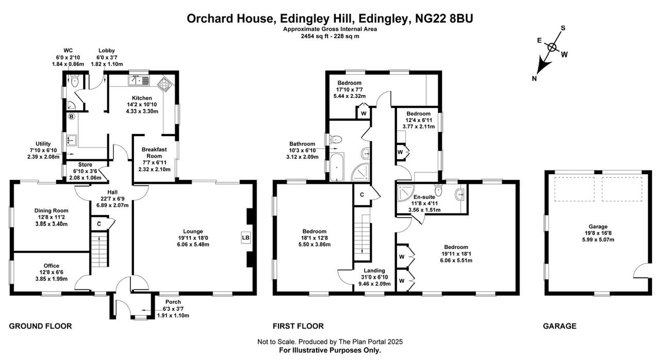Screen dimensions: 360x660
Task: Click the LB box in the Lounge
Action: [245, 238]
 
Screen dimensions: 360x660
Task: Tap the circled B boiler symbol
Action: [71, 117]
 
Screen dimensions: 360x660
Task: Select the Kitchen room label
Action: [142, 98]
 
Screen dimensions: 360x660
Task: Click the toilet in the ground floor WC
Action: [75, 81]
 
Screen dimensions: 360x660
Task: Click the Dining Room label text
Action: [51, 210]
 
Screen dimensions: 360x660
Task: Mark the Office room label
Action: [51, 266]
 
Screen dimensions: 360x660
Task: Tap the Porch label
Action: [173, 302]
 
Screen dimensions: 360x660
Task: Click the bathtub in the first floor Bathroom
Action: [336, 166]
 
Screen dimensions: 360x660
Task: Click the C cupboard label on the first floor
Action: [362, 195]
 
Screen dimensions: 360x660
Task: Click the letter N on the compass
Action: [534, 78]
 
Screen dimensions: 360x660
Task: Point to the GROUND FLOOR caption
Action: [40, 326]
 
